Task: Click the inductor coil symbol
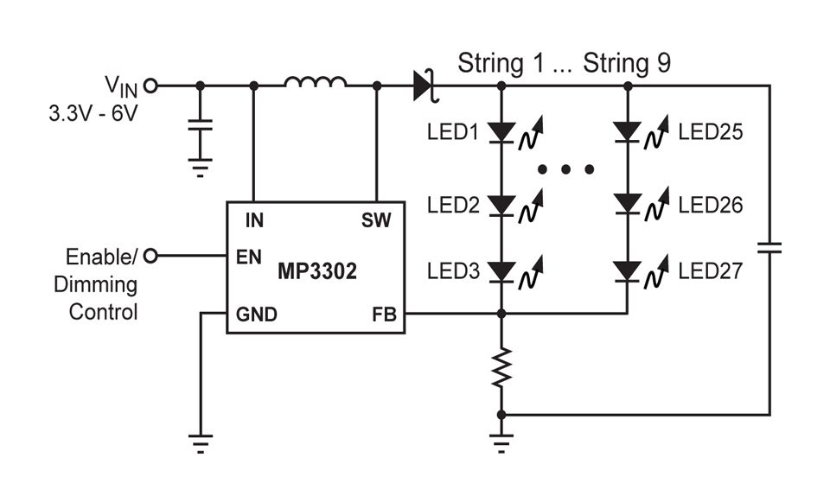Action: click(x=316, y=83)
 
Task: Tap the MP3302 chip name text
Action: click(x=317, y=271)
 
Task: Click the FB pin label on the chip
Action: click(x=384, y=315)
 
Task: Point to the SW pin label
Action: click(x=377, y=220)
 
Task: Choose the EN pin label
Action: click(x=249, y=257)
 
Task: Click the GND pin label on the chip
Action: click(x=257, y=315)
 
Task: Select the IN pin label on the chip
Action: click(x=254, y=220)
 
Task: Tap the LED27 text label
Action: click(x=710, y=271)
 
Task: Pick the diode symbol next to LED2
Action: click(x=501, y=205)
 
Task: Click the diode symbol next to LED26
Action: click(x=628, y=205)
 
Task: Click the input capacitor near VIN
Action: click(x=201, y=127)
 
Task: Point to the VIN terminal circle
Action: click(x=151, y=86)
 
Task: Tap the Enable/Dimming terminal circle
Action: click(x=151, y=257)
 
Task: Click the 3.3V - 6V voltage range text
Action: click(x=93, y=113)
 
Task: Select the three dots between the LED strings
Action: click(x=565, y=169)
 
